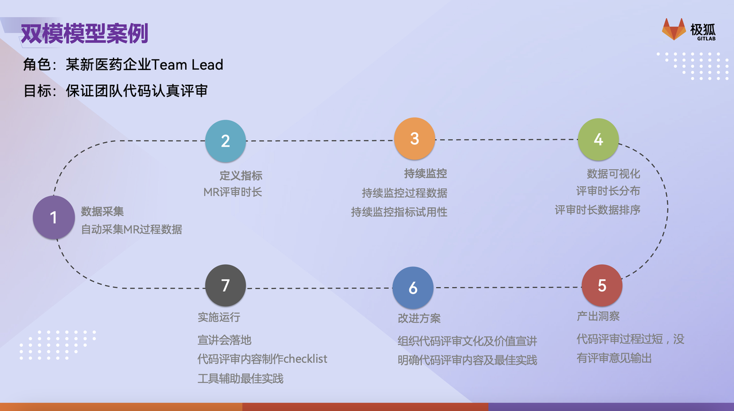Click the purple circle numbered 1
[x=54, y=217]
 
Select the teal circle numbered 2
[x=225, y=140]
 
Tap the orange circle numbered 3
[x=415, y=138]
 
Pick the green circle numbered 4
[x=598, y=139]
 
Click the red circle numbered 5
[x=602, y=285]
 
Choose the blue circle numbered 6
[x=413, y=288]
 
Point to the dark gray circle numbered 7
[x=225, y=285]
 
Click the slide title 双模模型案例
[x=84, y=33]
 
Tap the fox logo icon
[x=674, y=29]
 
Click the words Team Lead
[x=187, y=65]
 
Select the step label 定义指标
[x=241, y=175]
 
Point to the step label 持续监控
[x=425, y=173]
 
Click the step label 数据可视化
[x=613, y=174]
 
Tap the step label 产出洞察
[x=598, y=316]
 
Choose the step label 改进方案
[x=419, y=318]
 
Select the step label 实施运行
[x=219, y=317]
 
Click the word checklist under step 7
[x=305, y=359]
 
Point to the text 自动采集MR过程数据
[x=131, y=229]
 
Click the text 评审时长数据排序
[x=598, y=210]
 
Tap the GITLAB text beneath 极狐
[x=706, y=38]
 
